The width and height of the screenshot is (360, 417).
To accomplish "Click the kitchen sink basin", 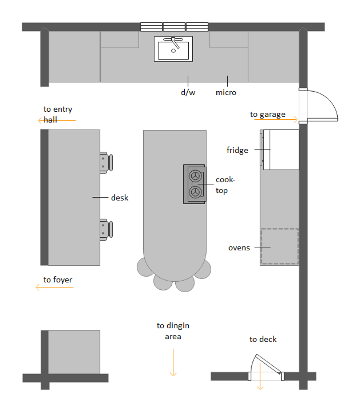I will [173, 50].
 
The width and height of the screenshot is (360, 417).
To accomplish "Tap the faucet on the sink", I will [174, 40].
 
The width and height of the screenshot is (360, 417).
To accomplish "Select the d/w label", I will [188, 92].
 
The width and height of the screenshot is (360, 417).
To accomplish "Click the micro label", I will [226, 92].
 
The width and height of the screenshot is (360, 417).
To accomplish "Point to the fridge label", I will [237, 150].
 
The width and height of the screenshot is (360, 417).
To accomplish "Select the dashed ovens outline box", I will [280, 247].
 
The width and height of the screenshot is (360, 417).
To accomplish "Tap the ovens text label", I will [239, 248].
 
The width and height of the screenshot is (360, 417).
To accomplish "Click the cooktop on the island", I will [195, 184].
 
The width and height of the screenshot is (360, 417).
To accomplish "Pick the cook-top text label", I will [225, 185].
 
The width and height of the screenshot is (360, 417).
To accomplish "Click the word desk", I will [120, 198].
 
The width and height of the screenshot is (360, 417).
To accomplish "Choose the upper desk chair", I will [106, 162].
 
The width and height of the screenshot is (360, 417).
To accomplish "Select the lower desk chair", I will [106, 229].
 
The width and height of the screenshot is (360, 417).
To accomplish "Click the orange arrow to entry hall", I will [56, 120].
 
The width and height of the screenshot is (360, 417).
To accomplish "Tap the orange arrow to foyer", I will [54, 287].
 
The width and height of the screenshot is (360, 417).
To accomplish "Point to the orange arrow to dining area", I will [173, 362].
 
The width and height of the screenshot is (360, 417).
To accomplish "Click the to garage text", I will [268, 114].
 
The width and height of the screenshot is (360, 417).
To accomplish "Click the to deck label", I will [263, 339].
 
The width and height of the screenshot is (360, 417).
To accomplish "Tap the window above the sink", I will [174, 27].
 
